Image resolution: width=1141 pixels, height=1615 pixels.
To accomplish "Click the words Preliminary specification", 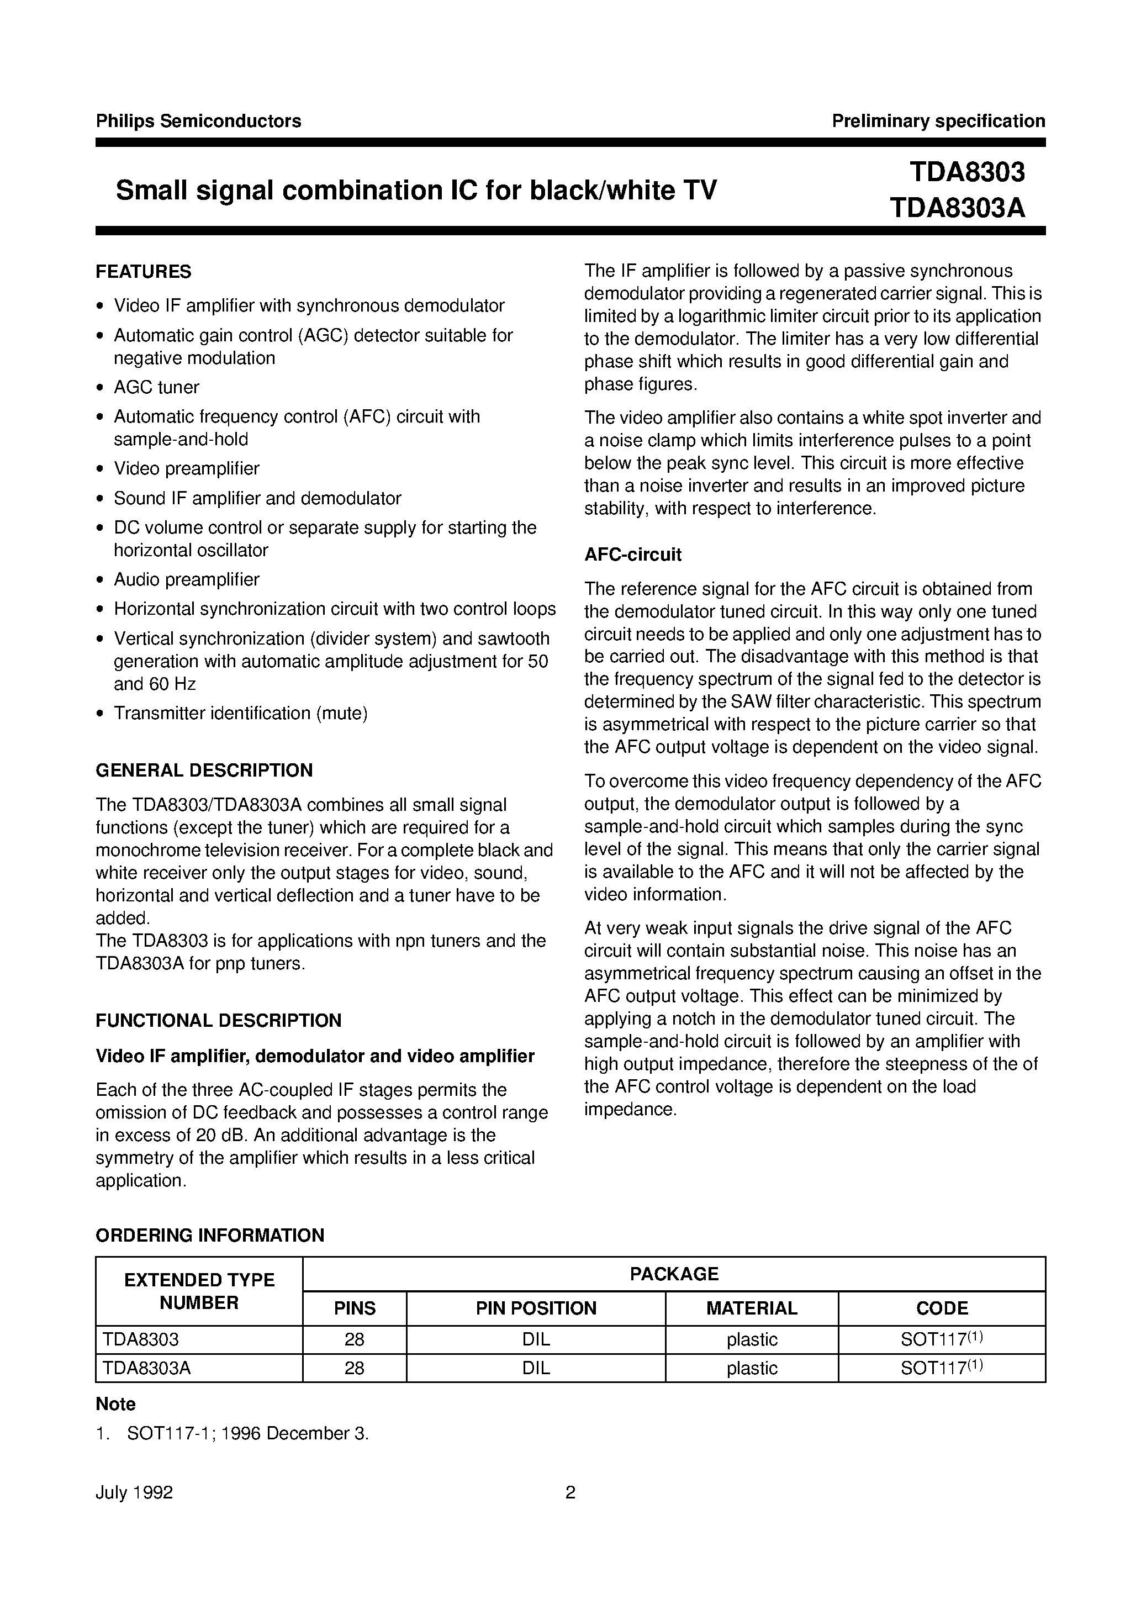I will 938,121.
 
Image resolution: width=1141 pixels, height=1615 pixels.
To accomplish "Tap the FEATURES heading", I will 144,272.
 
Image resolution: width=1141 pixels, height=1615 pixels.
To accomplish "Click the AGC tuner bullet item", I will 156,388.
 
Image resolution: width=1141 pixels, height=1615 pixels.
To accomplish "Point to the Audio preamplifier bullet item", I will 187,579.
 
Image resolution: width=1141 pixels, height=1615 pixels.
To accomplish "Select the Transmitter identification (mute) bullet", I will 241,713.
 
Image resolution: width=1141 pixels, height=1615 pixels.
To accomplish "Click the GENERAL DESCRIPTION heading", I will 204,770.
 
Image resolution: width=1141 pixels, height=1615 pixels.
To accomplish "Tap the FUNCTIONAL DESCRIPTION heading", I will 218,1021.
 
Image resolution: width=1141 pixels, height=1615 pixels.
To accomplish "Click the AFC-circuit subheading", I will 632,555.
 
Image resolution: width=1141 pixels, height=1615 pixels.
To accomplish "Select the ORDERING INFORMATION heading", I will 210,1235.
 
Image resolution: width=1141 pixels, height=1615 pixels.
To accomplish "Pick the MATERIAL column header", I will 751,1308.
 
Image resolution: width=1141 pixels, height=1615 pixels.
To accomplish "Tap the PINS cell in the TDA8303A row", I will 354,1368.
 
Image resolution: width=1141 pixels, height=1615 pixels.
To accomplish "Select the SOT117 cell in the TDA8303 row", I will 941,1339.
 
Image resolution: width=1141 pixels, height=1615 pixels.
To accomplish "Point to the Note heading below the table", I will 115,1404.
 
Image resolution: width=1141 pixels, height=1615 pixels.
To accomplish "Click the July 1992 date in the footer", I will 134,1492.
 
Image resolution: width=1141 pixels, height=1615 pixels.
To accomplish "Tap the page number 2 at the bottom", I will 570,1492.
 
